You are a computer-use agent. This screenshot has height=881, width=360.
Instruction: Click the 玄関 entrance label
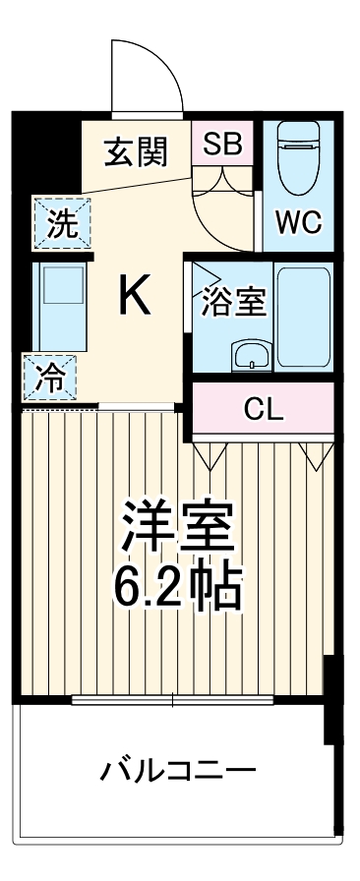click(x=136, y=152)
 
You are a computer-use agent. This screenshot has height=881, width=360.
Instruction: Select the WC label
click(x=298, y=222)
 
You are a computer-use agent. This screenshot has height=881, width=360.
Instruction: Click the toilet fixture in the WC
click(x=298, y=157)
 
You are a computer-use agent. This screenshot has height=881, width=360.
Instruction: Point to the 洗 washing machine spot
click(x=61, y=225)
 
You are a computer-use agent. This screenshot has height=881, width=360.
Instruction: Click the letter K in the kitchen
click(x=135, y=295)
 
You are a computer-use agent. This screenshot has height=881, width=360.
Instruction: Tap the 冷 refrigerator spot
click(x=48, y=378)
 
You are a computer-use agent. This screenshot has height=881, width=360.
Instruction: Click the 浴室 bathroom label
click(x=234, y=301)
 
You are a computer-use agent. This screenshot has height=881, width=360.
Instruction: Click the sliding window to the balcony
click(x=173, y=700)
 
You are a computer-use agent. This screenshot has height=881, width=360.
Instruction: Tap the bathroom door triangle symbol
click(x=201, y=276)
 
